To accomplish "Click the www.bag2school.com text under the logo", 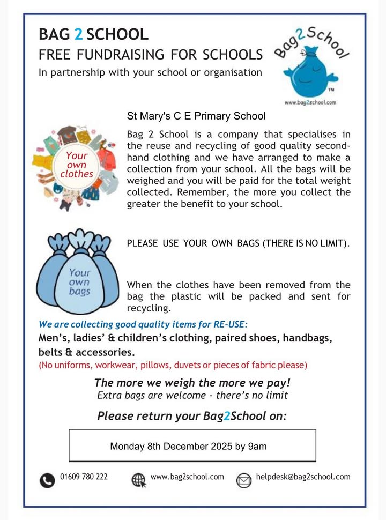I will tap(310, 102).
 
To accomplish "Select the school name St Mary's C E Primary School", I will tap(196, 115).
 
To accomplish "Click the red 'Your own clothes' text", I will tap(76, 165).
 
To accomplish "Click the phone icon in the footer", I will tap(47, 479).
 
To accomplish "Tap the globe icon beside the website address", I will tap(139, 479).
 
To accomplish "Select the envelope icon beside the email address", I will tap(244, 480).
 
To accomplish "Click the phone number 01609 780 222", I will tap(84, 477).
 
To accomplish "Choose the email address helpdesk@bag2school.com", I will tap(303, 477).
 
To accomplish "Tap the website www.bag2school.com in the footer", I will tap(187, 477).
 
